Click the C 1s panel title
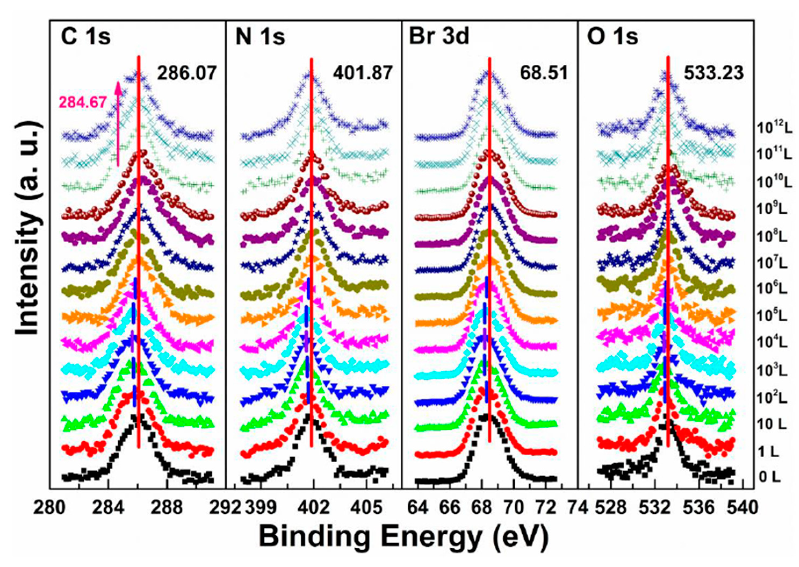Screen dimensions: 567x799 [86, 37]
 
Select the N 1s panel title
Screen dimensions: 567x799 [260, 37]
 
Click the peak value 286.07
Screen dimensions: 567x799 [187, 74]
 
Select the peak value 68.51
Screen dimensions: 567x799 [544, 74]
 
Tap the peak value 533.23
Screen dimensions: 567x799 [714, 74]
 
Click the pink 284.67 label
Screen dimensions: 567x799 [82, 102]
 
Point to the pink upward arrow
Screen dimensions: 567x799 [118, 122]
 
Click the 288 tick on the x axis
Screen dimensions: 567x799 [167, 508]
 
